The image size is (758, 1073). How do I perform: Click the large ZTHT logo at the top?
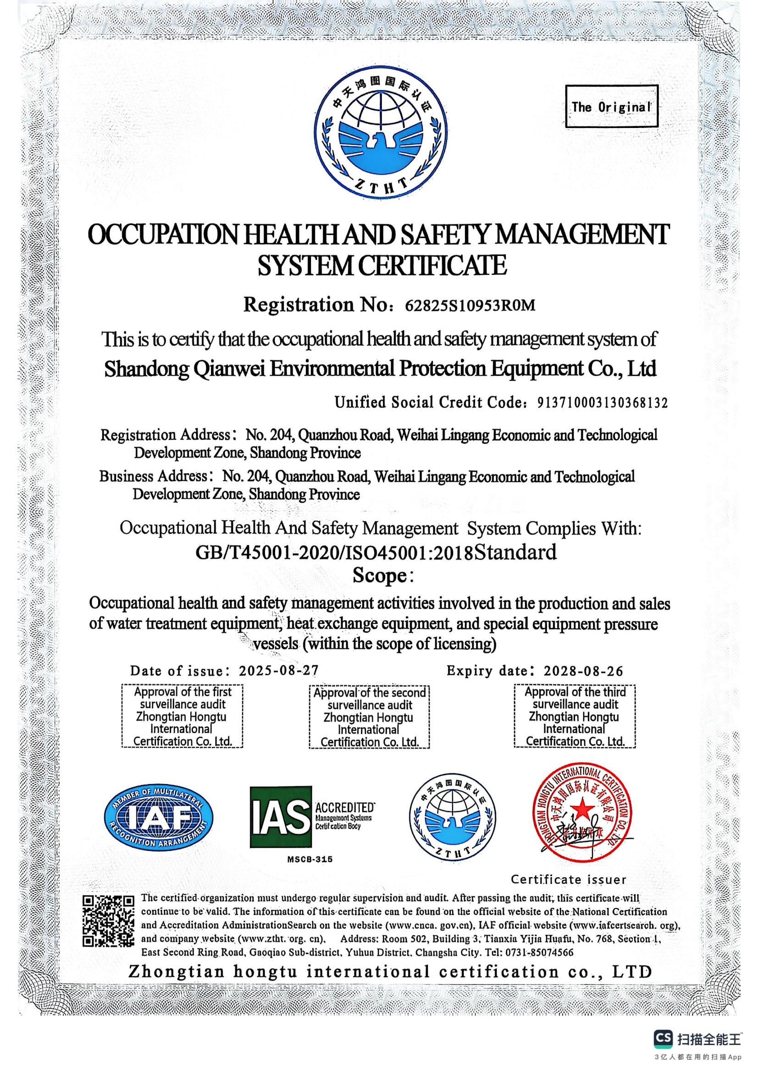[x=382, y=130]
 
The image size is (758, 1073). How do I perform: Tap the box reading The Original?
[x=611, y=106]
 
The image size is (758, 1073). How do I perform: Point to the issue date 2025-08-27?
[x=278, y=671]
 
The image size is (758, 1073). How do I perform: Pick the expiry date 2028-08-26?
[x=583, y=671]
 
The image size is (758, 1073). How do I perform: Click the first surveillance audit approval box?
[x=182, y=717]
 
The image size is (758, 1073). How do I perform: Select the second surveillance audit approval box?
[x=369, y=717]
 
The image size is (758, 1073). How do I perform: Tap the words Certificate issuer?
[x=568, y=879]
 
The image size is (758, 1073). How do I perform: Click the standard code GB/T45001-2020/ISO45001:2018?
[x=334, y=552]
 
